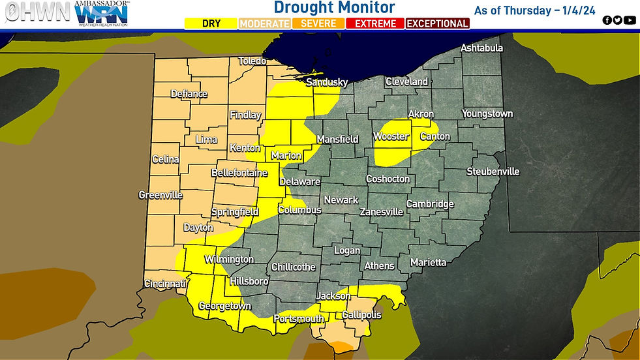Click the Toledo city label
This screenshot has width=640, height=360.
252,61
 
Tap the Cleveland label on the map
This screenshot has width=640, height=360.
406,82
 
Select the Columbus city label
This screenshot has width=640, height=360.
299,210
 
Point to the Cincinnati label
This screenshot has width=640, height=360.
166,284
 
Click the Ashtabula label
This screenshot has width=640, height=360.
481,48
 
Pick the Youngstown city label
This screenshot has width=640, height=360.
487,113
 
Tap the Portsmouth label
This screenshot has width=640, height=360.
299,319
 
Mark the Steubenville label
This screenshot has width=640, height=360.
493,172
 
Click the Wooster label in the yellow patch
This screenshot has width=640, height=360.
391,136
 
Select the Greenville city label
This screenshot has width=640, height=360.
160,195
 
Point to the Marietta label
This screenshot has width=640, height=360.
428,262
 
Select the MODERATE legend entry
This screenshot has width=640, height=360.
264,23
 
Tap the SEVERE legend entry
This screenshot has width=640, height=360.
319,23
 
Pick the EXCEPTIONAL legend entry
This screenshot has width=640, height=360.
437,23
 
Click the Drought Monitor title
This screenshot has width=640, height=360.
334,8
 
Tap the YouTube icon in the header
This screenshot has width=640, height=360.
630,20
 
